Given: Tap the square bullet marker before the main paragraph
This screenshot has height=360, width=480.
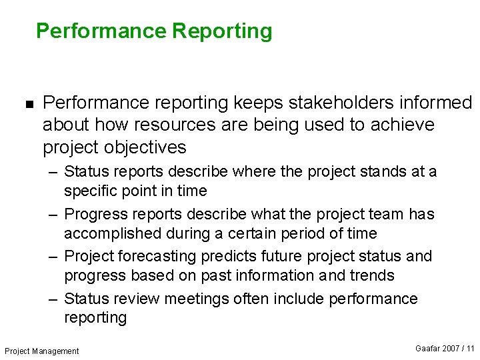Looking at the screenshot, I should tap(28, 103).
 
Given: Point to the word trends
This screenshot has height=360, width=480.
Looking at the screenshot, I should tap(371, 275).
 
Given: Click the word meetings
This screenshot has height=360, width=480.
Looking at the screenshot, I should tap(198, 299).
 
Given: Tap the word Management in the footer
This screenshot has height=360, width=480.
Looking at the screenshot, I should tap(57, 351).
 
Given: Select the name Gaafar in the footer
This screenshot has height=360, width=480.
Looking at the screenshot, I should tap(428, 349).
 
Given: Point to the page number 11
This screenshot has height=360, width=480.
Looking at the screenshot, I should tap(471, 349).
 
